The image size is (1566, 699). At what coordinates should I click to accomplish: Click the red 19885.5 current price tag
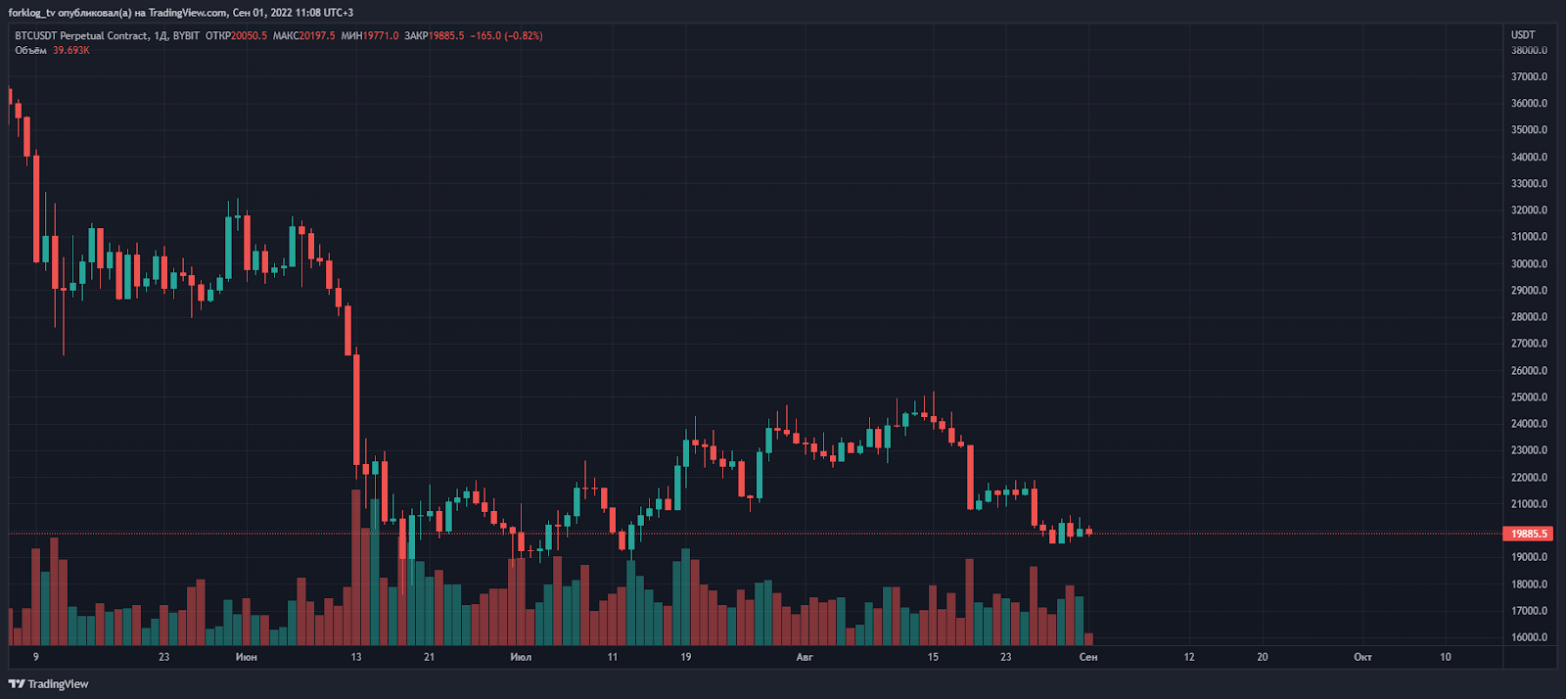pyautogui.click(x=1529, y=534)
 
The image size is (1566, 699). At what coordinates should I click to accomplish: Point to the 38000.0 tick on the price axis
pyautogui.click(x=1529, y=50)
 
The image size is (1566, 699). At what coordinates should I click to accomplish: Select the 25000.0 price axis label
pyautogui.click(x=1529, y=397)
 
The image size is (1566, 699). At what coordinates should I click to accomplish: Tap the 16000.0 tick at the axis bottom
pyautogui.click(x=1529, y=637)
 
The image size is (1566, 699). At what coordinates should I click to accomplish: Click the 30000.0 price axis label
pyautogui.click(x=1529, y=263)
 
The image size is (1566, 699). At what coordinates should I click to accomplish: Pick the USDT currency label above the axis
pyautogui.click(x=1523, y=34)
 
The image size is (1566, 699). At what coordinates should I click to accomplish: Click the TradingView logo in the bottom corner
pyautogui.click(x=49, y=684)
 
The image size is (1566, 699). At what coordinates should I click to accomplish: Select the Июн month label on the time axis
pyautogui.click(x=246, y=657)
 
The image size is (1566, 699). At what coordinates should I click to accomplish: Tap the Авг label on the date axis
pyautogui.click(x=805, y=657)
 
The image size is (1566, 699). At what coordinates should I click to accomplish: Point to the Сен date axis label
pyautogui.click(x=1088, y=657)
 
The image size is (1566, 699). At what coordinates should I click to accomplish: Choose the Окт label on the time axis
pyautogui.click(x=1362, y=657)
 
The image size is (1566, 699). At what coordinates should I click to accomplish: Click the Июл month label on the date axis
pyautogui.click(x=521, y=657)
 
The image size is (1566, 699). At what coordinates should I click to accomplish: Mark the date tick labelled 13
pyautogui.click(x=356, y=657)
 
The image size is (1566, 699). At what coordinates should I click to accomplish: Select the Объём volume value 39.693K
pyautogui.click(x=70, y=50)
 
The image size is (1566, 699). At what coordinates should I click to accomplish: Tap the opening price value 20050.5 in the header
pyautogui.click(x=249, y=35)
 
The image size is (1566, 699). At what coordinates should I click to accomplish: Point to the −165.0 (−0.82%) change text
pyautogui.click(x=506, y=35)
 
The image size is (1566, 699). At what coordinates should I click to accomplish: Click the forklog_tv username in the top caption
pyautogui.click(x=31, y=13)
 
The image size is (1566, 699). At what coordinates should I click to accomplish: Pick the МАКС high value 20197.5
pyautogui.click(x=317, y=35)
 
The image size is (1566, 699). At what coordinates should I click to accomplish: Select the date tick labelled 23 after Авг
pyautogui.click(x=1005, y=657)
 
